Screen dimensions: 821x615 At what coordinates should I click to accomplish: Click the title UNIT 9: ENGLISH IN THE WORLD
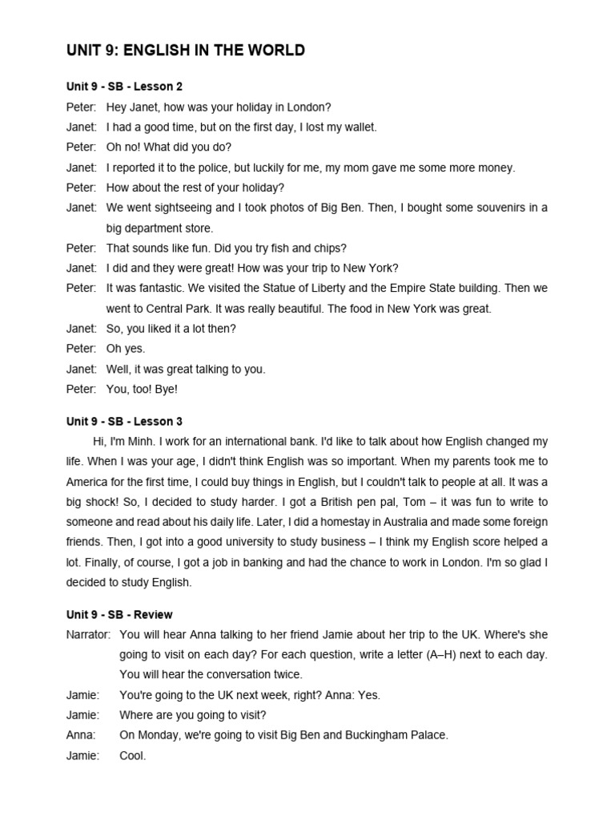tap(185, 51)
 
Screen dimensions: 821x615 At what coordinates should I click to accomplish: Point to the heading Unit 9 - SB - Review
tap(119, 615)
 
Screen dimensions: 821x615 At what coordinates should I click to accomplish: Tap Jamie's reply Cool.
tap(133, 755)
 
